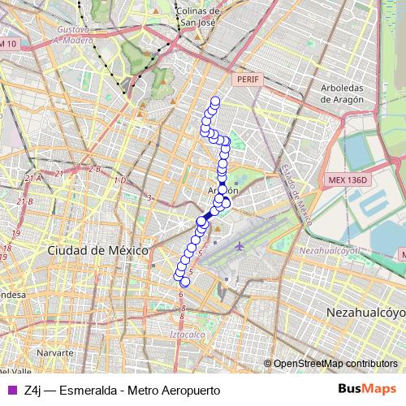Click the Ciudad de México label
click(x=97, y=251)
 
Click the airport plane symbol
click(x=239, y=244)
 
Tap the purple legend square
click(x=11, y=391)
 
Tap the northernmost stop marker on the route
click(x=215, y=101)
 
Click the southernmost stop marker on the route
click(x=184, y=282)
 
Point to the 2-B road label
click(x=94, y=170)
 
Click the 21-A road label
click(x=33, y=177)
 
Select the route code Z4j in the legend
click(x=34, y=391)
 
